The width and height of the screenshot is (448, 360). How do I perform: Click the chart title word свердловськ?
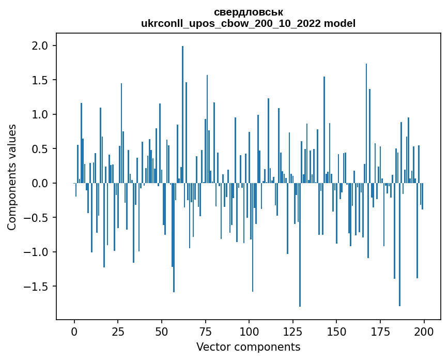point(248,12)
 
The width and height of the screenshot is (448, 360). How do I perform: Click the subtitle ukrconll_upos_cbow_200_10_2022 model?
point(248,23)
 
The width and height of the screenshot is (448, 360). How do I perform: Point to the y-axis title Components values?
point(11,177)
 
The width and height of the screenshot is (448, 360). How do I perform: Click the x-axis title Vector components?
point(248,347)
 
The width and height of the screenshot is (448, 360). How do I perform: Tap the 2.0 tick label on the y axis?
point(39,46)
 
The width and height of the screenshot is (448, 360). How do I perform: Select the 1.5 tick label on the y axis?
point(39,80)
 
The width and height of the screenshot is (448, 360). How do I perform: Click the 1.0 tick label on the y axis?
point(39,114)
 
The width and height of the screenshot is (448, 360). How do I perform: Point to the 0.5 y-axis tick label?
point(39,149)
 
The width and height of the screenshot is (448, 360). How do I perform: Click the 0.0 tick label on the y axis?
point(39,183)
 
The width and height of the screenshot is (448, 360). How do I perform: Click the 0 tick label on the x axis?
point(74,331)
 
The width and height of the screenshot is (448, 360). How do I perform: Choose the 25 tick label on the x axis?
point(118,331)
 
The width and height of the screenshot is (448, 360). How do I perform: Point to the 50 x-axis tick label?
point(162,331)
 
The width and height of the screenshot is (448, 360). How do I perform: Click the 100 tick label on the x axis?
point(249,331)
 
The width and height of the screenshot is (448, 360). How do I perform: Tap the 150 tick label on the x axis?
point(336,331)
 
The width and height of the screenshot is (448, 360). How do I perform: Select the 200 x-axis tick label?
point(424,331)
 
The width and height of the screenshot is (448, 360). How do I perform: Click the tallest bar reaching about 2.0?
point(182,114)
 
